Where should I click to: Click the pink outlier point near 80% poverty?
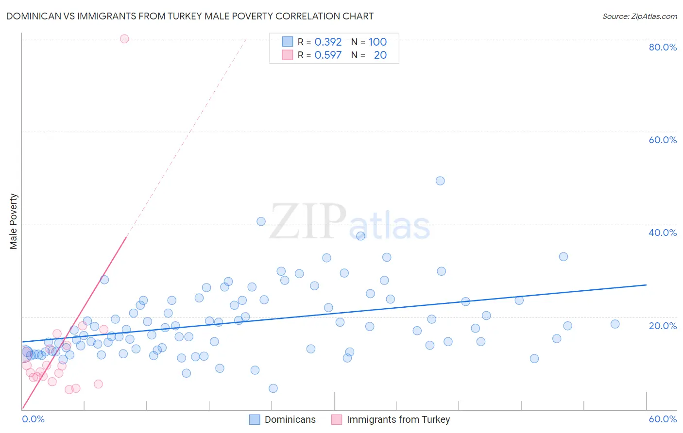click(124, 39)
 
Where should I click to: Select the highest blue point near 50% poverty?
click(440, 181)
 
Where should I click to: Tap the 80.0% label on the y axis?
click(663, 47)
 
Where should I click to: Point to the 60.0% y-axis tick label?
click(663, 140)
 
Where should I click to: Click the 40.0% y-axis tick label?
click(663, 233)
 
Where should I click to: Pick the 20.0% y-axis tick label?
click(663, 326)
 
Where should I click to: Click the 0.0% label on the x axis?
click(34, 419)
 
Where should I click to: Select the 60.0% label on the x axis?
click(663, 419)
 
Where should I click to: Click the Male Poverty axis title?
click(14, 221)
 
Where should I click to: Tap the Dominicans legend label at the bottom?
click(290, 419)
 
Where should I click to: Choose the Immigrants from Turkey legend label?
click(398, 419)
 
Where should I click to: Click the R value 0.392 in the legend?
click(328, 42)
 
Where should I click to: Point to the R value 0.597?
click(328, 55)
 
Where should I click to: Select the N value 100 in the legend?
click(377, 42)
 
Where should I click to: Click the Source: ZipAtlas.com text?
click(640, 17)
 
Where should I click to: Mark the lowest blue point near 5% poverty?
click(273, 388)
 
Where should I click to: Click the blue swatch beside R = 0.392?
click(288, 42)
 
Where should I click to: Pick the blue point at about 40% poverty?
click(261, 221)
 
